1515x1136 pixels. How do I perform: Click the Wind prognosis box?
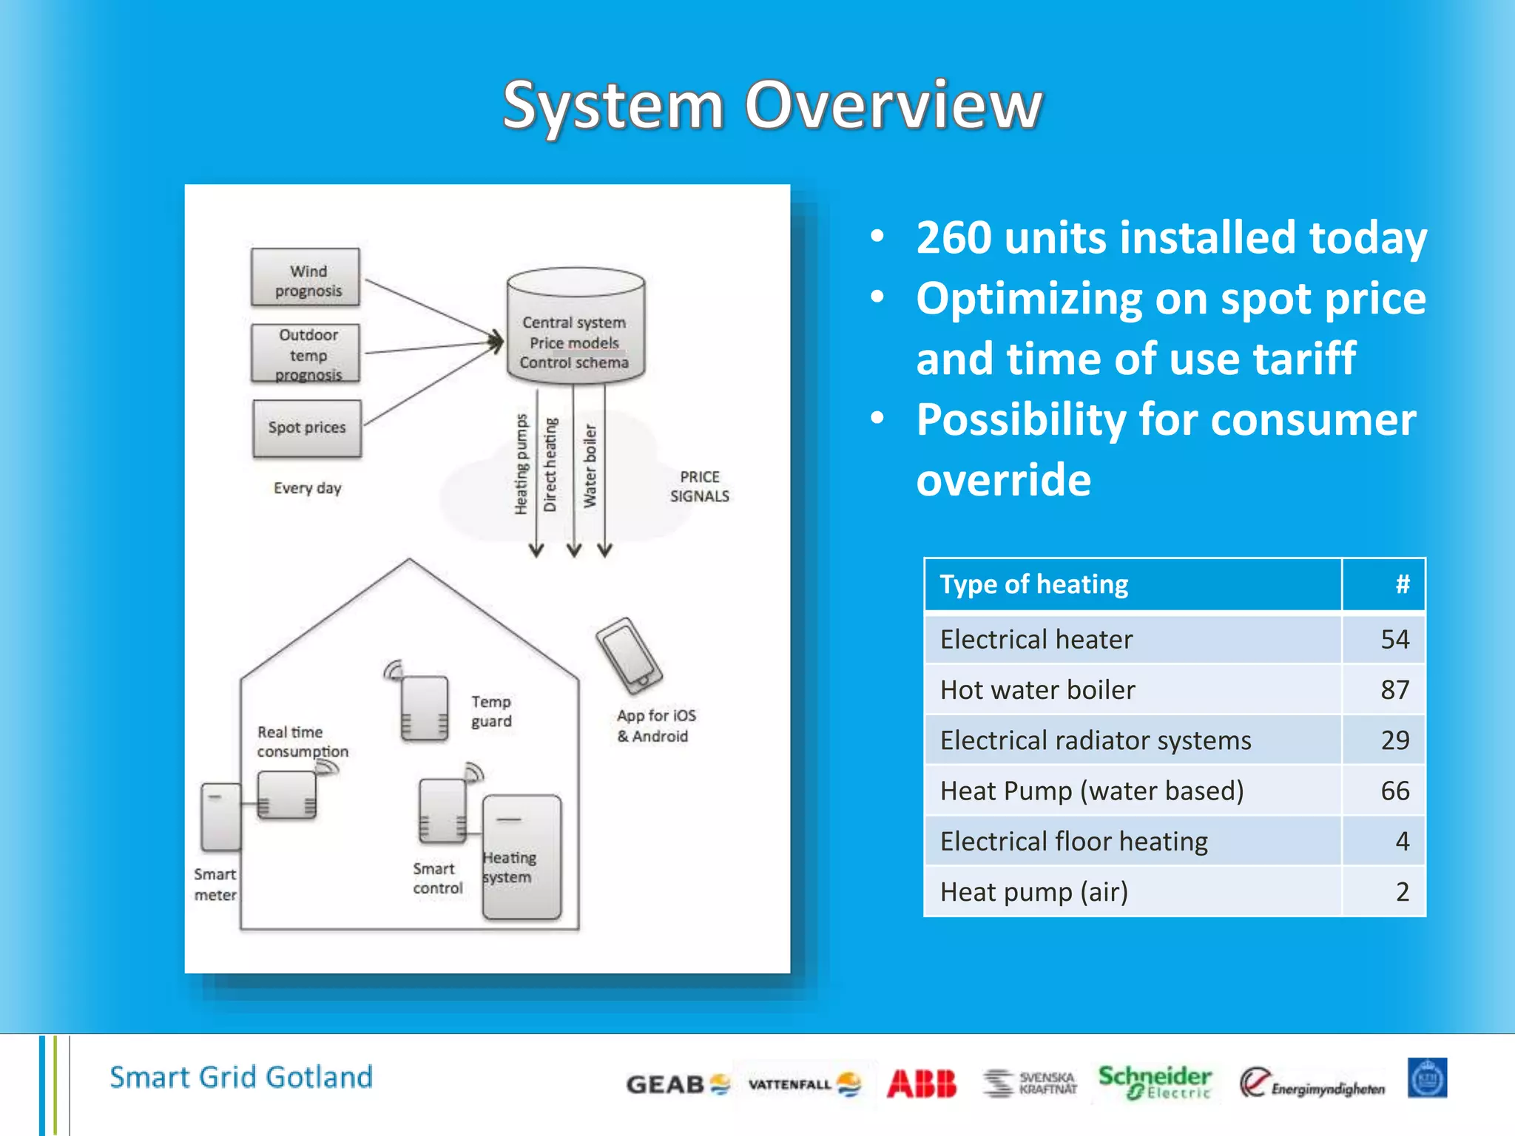[x=306, y=278]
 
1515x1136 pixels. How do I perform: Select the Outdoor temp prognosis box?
[x=306, y=354]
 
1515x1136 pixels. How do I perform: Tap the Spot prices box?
[x=307, y=428]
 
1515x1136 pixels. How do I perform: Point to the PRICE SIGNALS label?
[x=699, y=487]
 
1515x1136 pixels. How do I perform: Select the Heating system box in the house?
[x=522, y=858]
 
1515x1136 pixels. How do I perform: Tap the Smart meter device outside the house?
[x=220, y=817]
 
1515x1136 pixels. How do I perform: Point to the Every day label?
[x=308, y=488]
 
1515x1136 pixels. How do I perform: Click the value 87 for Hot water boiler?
[x=1394, y=690]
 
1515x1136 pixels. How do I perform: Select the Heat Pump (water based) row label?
[x=1092, y=791]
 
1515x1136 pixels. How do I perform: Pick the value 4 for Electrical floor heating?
[x=1402, y=842]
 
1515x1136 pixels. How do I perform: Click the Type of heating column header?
[x=1034, y=584]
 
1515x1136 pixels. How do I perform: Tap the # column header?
[x=1402, y=584]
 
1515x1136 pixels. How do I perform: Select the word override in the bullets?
[x=1004, y=480]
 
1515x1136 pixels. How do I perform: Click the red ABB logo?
[x=922, y=1084]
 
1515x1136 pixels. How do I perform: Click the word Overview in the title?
[x=894, y=105]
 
